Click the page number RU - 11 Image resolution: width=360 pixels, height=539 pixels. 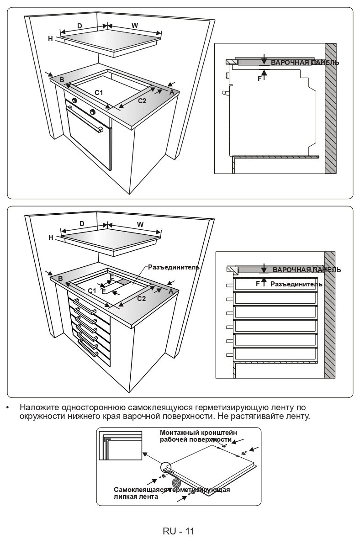[178, 531]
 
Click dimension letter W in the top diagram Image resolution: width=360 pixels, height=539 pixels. [135, 26]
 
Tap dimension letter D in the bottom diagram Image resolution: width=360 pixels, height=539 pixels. [82, 224]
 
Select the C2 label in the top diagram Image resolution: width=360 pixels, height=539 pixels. [142, 101]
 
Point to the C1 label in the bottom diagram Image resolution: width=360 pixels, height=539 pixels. [92, 291]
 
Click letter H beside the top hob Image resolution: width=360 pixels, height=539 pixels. [51, 39]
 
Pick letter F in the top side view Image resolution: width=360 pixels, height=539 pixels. [260, 78]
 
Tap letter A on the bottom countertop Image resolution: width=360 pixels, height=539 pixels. [170, 291]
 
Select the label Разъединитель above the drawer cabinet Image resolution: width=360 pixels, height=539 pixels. [173, 267]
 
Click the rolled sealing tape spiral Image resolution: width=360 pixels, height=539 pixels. [176, 483]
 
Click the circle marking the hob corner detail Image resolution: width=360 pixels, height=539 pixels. [165, 467]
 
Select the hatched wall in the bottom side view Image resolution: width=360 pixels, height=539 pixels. [329, 315]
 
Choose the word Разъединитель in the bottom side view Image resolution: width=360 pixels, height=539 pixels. [296, 284]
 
